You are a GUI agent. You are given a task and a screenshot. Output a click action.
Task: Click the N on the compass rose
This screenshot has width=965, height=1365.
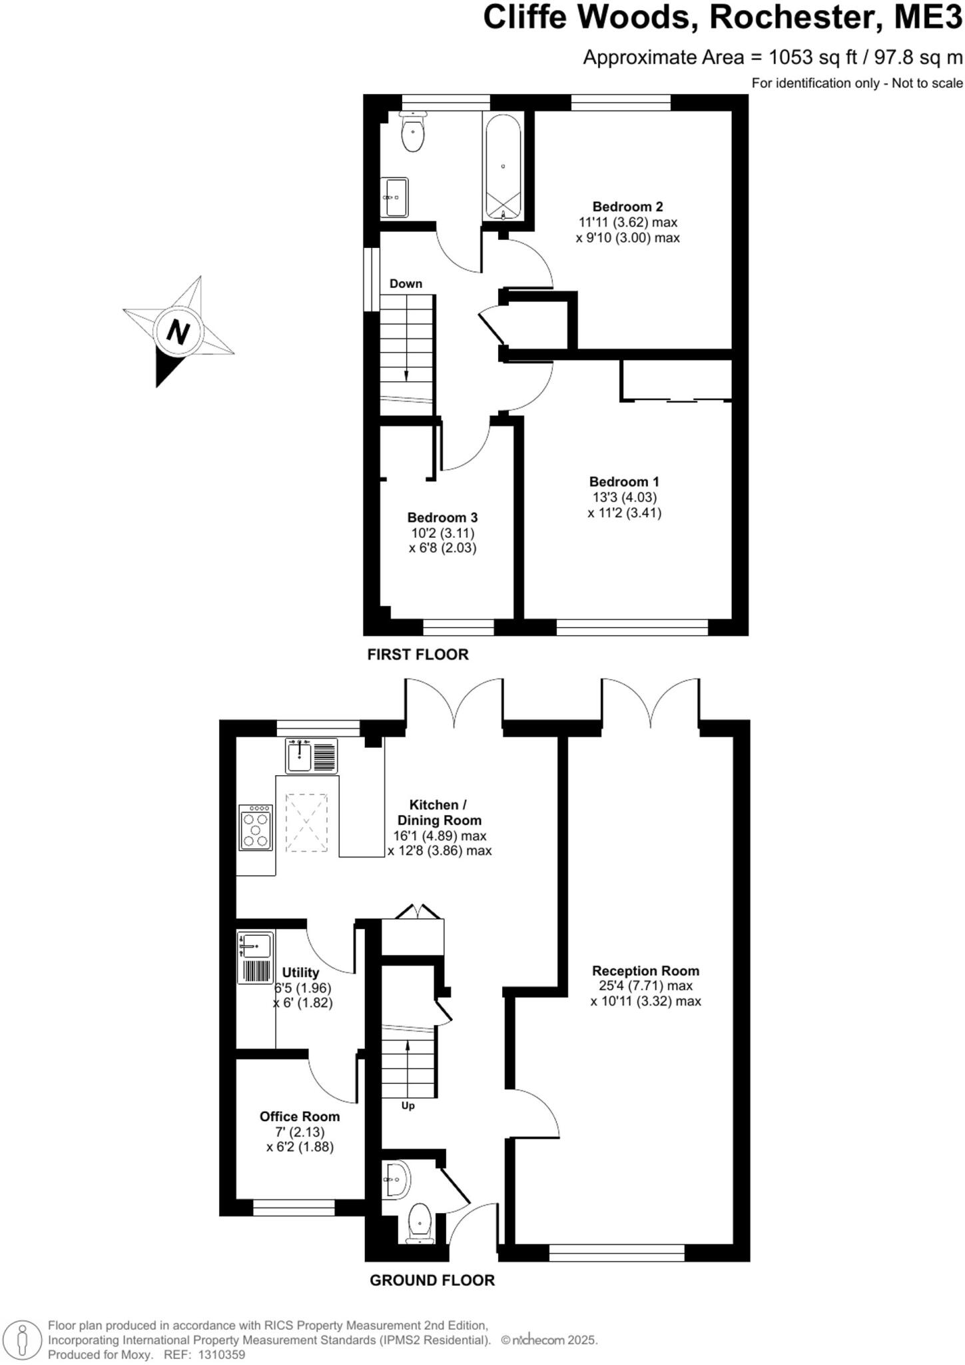click(178, 331)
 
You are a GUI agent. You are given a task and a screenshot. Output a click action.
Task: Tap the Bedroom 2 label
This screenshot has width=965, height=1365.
click(627, 207)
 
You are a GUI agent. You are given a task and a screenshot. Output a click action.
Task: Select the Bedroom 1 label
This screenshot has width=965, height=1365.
click(624, 481)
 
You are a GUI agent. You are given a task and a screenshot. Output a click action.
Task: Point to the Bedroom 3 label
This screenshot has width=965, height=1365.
click(442, 517)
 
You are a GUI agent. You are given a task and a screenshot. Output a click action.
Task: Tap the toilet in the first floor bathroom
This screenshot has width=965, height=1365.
click(413, 133)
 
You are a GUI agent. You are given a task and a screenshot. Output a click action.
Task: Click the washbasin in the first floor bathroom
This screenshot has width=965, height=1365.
click(394, 197)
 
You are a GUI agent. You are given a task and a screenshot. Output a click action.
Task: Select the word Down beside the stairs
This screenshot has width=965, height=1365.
click(406, 283)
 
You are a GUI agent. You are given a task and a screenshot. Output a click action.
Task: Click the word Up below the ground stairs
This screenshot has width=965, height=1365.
click(408, 1106)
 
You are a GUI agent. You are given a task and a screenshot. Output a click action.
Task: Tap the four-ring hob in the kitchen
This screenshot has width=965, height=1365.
click(256, 827)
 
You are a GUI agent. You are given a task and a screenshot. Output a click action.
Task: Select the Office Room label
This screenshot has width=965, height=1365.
click(300, 1116)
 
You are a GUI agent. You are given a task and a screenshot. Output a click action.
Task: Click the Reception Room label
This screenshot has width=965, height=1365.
click(645, 970)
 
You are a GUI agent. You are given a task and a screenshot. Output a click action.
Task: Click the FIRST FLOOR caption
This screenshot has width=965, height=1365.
click(418, 655)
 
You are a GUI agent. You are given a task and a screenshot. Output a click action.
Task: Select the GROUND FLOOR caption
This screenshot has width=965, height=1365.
click(432, 1280)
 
